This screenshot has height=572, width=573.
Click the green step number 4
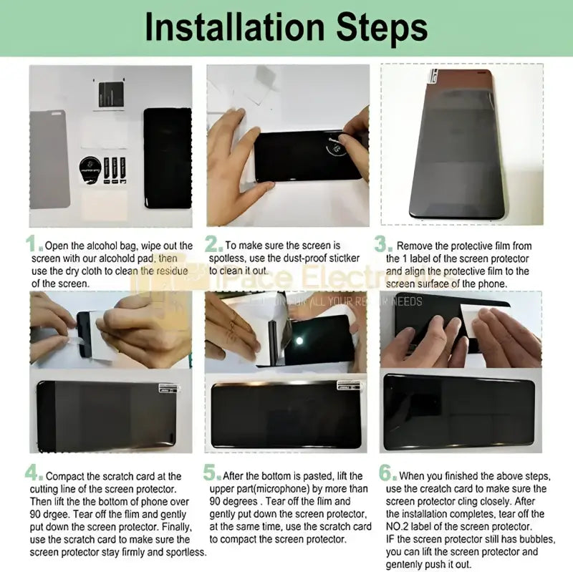(33, 472)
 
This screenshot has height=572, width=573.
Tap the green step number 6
(385, 472)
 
